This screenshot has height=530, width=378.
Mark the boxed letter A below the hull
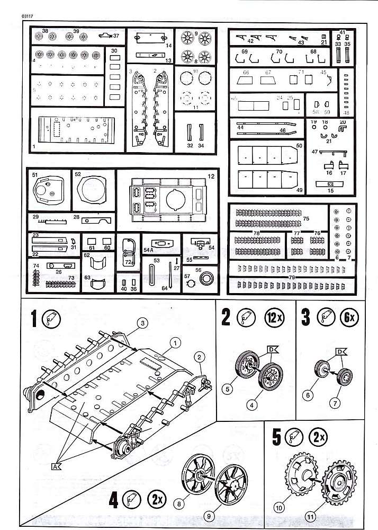point(56,466)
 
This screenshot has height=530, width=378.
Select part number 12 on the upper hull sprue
point(210,175)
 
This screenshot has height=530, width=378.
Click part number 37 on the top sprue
point(116,36)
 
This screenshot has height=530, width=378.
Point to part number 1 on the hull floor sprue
point(34,145)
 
